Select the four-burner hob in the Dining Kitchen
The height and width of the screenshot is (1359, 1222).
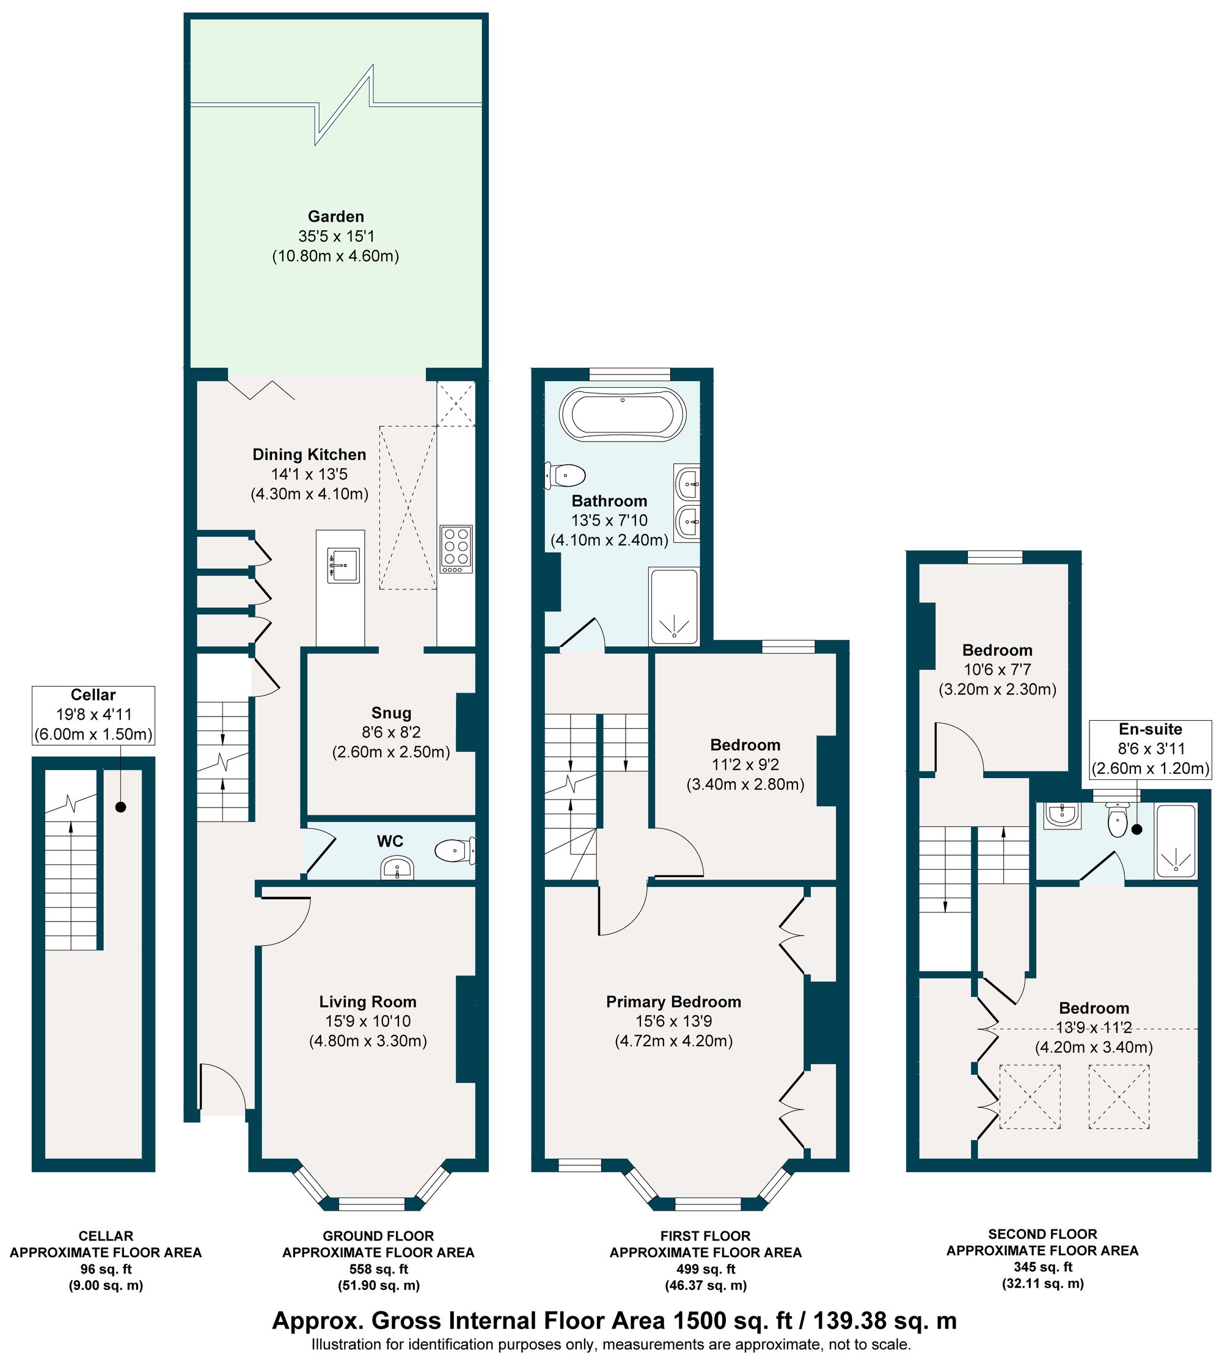tap(456, 549)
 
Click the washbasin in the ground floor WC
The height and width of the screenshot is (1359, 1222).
tap(398, 869)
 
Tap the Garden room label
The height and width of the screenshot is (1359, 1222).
tap(335, 217)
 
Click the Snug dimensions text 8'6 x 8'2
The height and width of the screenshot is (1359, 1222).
tap(392, 733)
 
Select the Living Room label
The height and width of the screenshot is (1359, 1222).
tap(368, 1002)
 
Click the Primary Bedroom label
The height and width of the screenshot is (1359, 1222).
tap(673, 1002)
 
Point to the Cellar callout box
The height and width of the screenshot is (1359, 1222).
tap(93, 715)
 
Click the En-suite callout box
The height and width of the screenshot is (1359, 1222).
tap(1150, 749)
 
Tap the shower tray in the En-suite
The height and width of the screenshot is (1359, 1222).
tap(1175, 842)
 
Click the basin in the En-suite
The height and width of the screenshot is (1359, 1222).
tap(1062, 816)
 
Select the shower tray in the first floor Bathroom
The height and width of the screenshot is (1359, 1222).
tap(673, 606)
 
